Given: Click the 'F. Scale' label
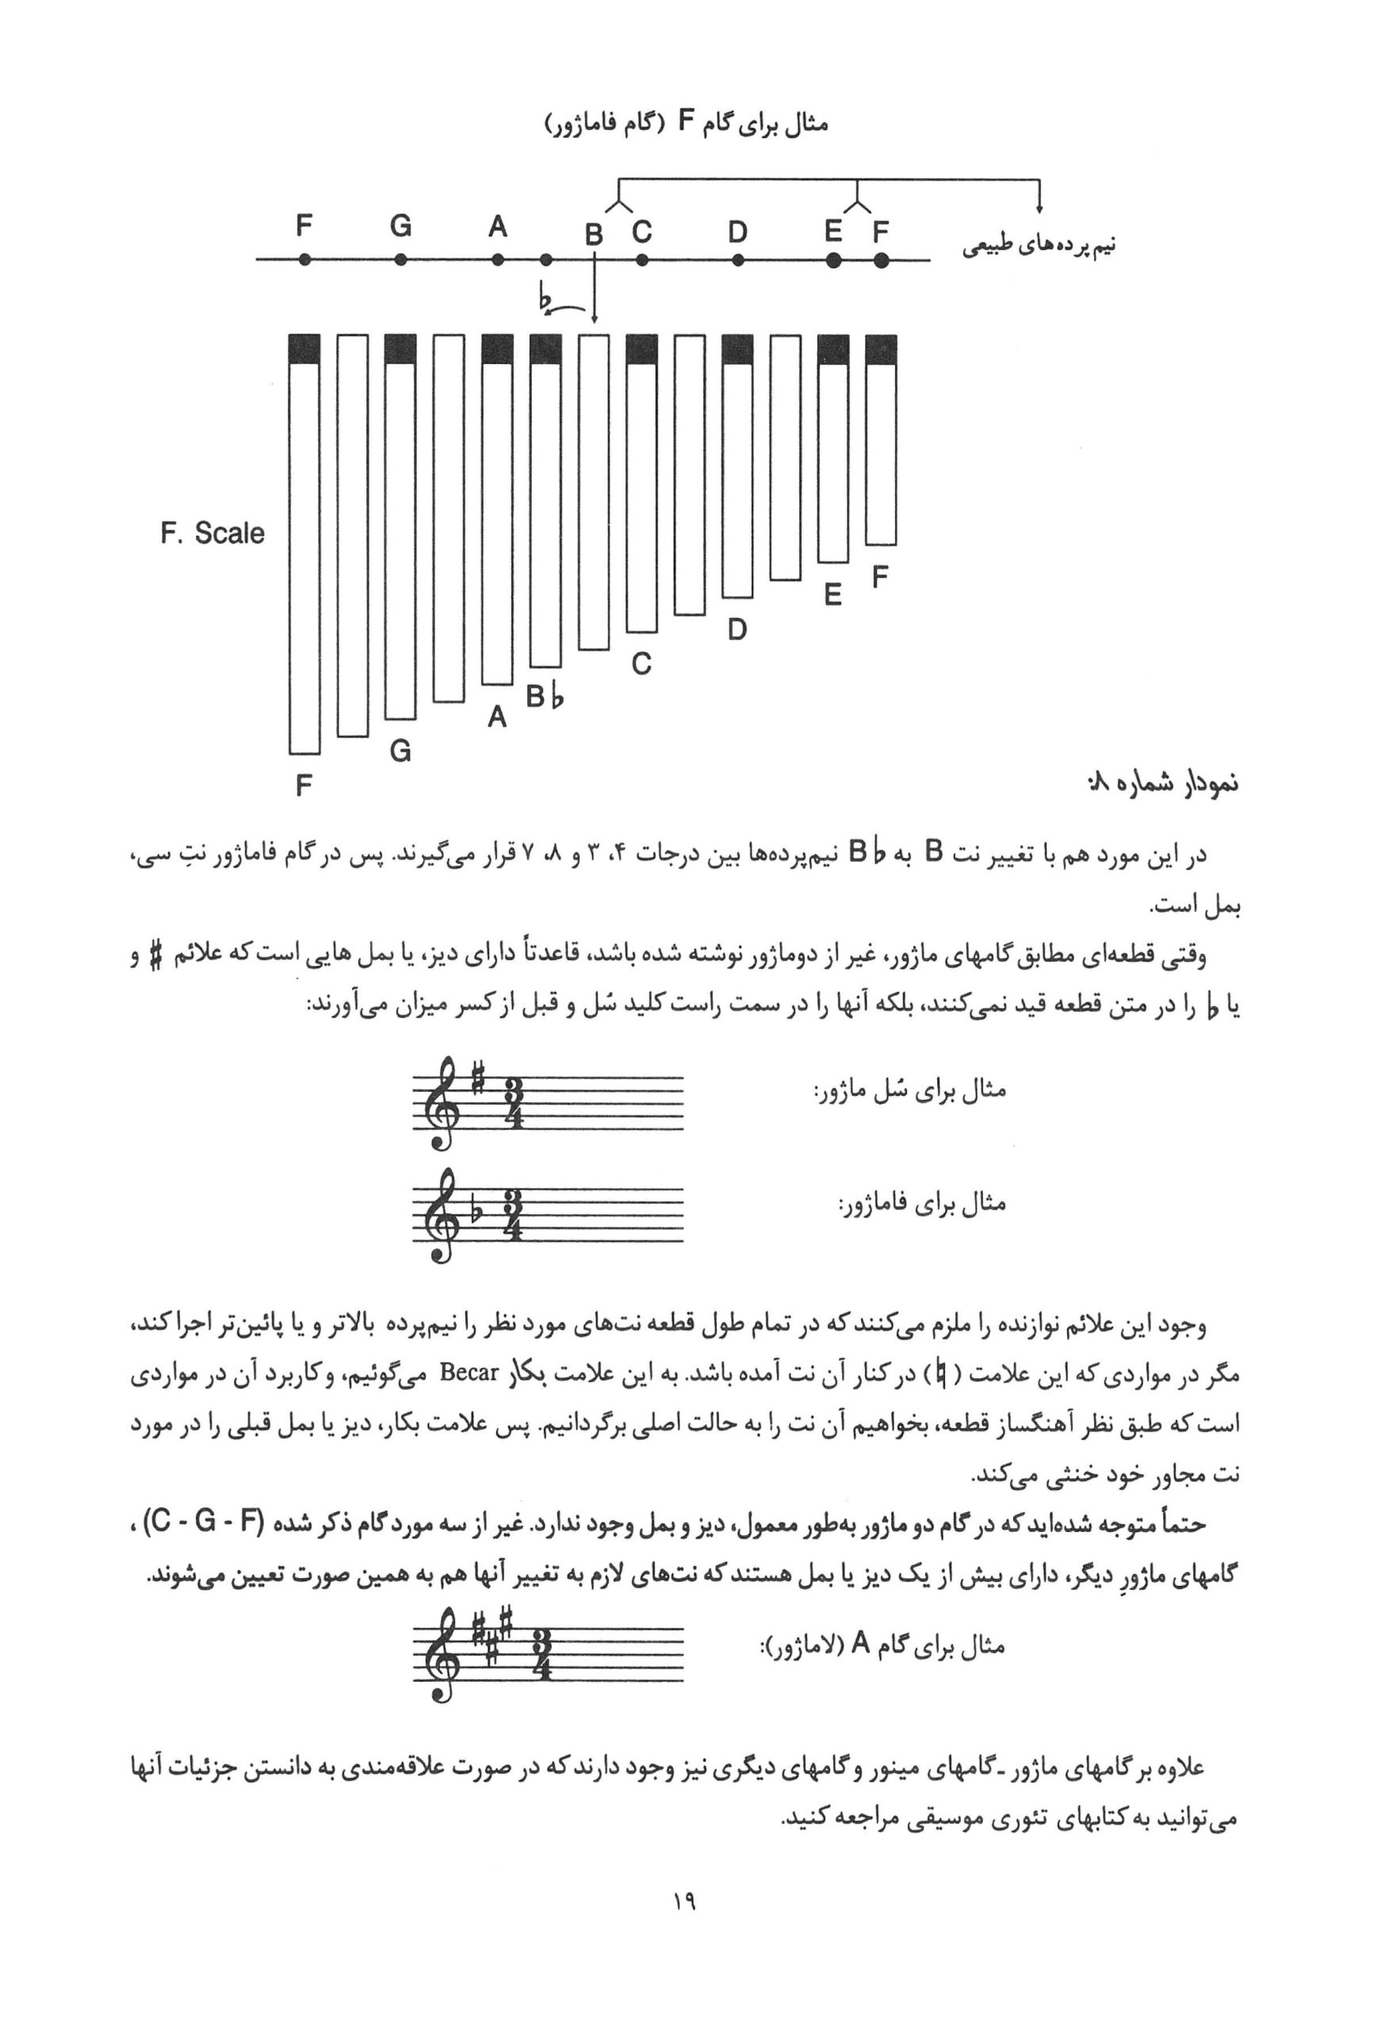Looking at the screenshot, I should pos(212,533).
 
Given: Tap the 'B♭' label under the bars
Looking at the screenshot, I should pos(545,698).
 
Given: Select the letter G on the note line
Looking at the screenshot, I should pos(400,226).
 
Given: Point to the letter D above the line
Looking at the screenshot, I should pos(738,232).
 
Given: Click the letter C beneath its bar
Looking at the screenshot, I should pos(641,665).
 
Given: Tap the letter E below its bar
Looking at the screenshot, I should pos(833,595).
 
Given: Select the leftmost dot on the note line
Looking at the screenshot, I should pos(304,259).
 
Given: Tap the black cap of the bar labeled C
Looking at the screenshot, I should pos(641,350).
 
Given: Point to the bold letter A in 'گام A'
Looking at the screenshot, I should pos(859,1644).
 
